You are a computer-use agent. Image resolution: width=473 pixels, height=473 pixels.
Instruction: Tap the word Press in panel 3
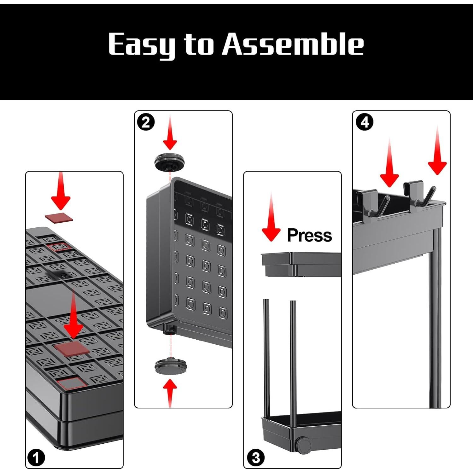309,235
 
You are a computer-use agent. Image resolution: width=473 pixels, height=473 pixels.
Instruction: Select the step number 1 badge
36,458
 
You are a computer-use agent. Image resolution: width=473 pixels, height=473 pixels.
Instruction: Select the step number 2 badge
146,122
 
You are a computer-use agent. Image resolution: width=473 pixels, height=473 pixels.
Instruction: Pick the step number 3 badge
256,458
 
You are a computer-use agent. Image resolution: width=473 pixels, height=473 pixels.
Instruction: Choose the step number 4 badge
365,122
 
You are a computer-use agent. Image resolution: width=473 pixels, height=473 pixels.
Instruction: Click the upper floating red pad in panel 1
59,218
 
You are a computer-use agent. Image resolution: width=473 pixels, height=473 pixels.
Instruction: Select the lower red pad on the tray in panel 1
71,348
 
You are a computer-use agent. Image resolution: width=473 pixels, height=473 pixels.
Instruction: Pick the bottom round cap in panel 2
172,366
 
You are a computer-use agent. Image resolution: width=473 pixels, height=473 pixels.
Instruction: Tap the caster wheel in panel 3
304,445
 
